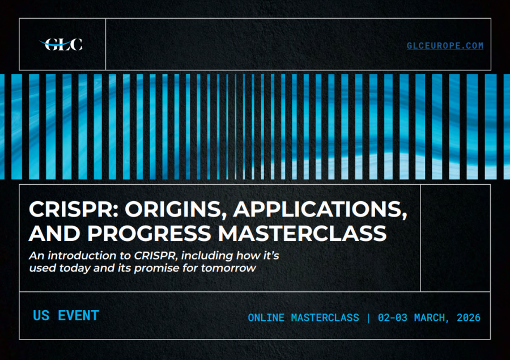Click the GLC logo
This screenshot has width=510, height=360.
click(x=61, y=45)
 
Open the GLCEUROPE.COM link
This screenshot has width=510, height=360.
click(x=445, y=45)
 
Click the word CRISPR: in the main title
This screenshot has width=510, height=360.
click(x=74, y=209)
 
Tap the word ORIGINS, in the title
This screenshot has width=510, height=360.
click(x=176, y=210)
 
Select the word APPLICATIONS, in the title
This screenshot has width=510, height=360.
click(x=320, y=210)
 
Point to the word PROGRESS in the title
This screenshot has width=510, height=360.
click(x=149, y=234)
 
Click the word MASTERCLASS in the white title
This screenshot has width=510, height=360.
click(x=302, y=234)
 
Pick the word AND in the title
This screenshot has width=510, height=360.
click(x=54, y=234)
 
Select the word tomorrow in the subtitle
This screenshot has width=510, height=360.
click(x=228, y=268)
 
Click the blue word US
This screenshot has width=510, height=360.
click(x=41, y=316)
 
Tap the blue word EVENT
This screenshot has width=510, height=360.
click(x=78, y=316)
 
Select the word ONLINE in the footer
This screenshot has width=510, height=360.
click(x=266, y=317)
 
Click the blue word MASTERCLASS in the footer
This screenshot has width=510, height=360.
click(x=325, y=317)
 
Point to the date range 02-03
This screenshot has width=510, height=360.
click(x=393, y=317)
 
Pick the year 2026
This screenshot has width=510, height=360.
click(x=469, y=317)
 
